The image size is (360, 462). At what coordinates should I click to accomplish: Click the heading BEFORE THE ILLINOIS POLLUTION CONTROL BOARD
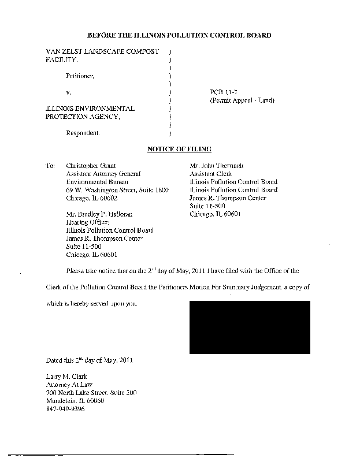[x=179, y=36]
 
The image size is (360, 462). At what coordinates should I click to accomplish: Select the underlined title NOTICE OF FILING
[x=179, y=150]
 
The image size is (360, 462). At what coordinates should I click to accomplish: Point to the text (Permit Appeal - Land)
[x=242, y=100]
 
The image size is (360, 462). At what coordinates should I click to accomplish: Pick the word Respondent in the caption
[x=83, y=133]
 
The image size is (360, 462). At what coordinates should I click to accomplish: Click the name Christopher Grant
[x=91, y=165]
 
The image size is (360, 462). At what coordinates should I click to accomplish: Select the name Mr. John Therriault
[x=217, y=165]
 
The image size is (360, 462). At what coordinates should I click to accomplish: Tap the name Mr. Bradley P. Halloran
[x=99, y=214]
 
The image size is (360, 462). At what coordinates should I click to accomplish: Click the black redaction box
[x=250, y=327]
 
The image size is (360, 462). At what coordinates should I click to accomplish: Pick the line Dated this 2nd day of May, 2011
[x=90, y=360]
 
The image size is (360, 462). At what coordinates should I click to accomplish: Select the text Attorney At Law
[x=69, y=385]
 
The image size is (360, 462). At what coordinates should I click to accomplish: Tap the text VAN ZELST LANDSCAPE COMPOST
[x=102, y=52]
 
